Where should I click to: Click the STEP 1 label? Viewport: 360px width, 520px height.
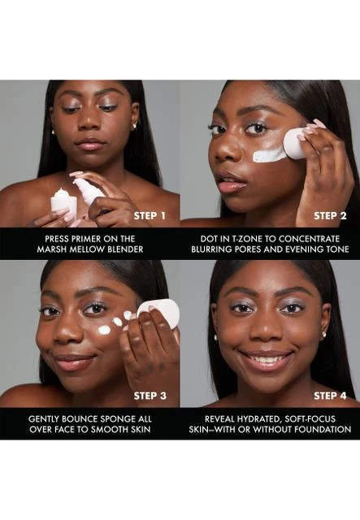[150, 216]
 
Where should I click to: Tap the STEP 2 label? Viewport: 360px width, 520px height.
[330, 216]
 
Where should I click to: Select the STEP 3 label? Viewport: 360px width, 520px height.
[150, 396]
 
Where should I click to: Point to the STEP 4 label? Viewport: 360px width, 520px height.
[330, 396]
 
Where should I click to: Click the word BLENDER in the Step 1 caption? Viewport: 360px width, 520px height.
[125, 249]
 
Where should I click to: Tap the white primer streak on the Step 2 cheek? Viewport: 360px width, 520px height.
[269, 155]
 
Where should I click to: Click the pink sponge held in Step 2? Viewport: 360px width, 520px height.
[294, 143]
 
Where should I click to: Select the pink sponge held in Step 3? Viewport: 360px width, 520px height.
[160, 312]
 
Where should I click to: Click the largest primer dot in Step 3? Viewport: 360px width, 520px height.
[104, 330]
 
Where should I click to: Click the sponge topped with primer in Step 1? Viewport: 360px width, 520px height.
[64, 203]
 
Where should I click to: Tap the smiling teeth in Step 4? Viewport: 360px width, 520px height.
[267, 359]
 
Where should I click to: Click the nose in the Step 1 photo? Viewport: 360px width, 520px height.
[89, 123]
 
